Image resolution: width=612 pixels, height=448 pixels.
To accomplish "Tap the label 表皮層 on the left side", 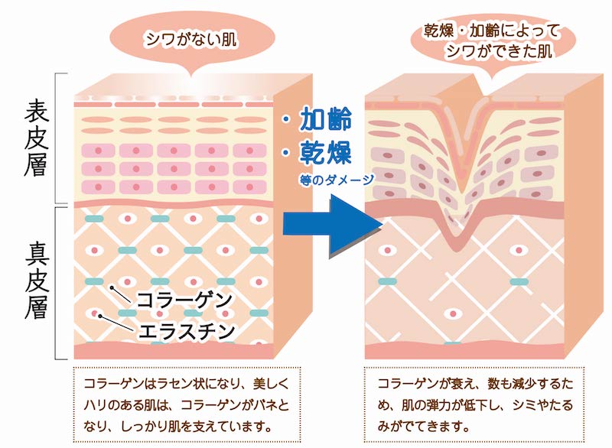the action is [36, 138].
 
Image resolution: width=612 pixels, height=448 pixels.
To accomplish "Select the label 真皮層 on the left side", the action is [37, 281].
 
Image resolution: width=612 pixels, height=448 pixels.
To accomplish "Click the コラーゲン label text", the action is [184, 300].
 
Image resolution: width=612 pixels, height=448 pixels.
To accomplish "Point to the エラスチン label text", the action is [187, 332].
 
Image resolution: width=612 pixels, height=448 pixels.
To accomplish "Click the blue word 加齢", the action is [326, 118].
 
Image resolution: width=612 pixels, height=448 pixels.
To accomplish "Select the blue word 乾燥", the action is [326, 152].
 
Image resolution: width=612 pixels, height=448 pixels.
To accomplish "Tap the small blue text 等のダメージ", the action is [337, 180].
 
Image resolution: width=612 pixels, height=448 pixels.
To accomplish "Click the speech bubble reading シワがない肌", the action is [191, 40].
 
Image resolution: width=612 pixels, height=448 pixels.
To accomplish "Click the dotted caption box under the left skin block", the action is [187, 404].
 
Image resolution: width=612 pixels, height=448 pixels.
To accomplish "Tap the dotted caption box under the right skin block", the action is [474, 404].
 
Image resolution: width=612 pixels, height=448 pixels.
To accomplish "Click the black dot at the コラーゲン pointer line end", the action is [112, 288].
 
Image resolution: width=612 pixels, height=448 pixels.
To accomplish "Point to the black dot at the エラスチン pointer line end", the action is [100, 317].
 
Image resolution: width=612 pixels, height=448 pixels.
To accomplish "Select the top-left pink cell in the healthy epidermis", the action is [99, 151].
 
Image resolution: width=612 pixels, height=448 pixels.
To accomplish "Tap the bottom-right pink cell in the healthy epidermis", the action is [250, 187].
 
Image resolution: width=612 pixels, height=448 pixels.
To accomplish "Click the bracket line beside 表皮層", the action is [56, 138].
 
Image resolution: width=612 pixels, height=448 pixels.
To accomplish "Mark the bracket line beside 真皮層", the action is [56, 283].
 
